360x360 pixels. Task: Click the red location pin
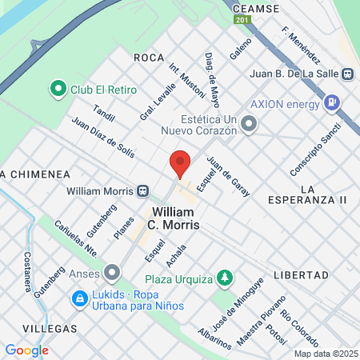(180, 164)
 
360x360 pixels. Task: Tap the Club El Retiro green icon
(58, 88)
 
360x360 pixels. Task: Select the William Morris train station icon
(142, 191)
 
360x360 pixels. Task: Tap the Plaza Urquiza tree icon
(226, 278)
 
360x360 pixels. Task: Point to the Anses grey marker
(112, 274)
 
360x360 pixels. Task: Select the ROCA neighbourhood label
(149, 58)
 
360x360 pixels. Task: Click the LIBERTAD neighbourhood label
(301, 274)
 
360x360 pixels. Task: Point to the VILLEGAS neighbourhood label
(50, 328)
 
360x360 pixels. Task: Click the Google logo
(26, 350)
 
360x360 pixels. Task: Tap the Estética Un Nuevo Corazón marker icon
(250, 123)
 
